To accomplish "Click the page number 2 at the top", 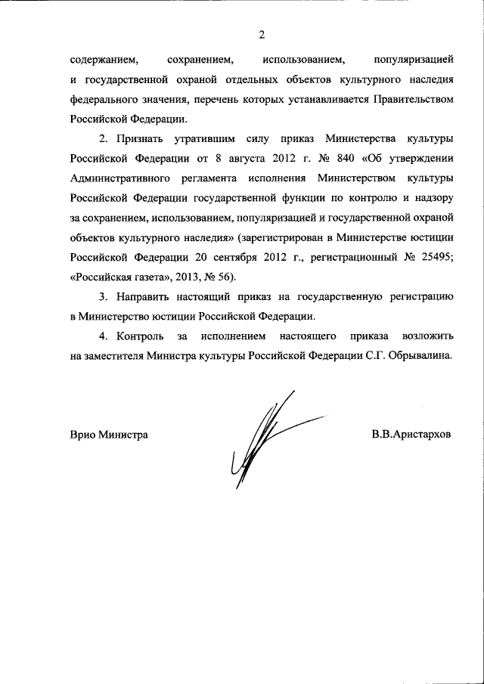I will click(262, 35).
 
